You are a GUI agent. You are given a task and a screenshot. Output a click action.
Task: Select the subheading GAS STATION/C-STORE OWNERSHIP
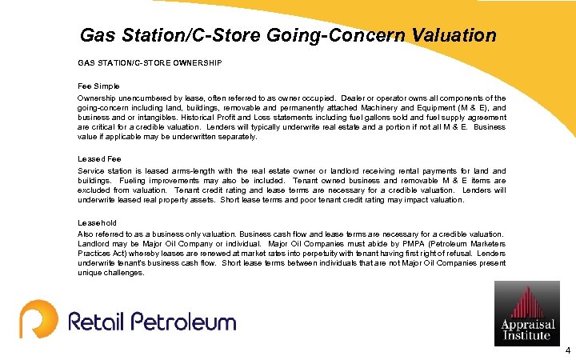click(150, 62)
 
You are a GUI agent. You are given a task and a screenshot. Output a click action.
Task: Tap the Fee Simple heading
click(98, 85)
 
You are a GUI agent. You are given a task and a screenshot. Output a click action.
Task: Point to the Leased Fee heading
click(99, 158)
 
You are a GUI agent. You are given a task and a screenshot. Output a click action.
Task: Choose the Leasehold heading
click(97, 222)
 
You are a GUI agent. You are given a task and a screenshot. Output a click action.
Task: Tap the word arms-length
click(193, 171)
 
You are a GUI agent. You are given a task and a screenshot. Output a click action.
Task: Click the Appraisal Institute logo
click(526, 313)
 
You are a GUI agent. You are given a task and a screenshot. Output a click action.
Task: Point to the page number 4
click(567, 351)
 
